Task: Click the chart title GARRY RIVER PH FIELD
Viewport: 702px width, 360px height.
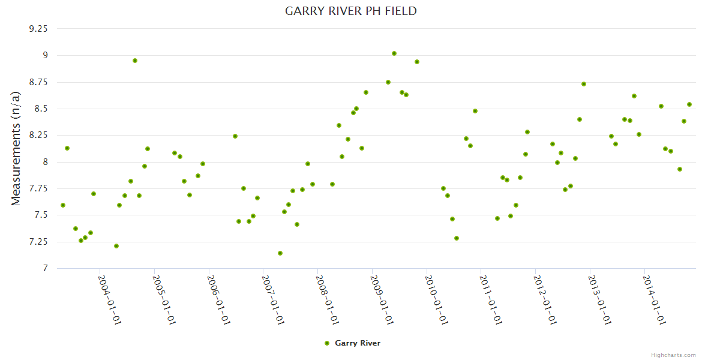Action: pyautogui.click(x=350, y=11)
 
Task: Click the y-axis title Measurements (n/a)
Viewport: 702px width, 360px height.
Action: pyautogui.click(x=16, y=148)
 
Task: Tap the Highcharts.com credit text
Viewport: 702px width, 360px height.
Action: pyautogui.click(x=673, y=355)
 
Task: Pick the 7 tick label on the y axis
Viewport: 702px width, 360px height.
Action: pyautogui.click(x=44, y=268)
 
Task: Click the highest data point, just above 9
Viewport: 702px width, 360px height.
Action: pyautogui.click(x=394, y=53)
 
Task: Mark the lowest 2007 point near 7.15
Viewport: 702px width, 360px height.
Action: pyautogui.click(x=280, y=253)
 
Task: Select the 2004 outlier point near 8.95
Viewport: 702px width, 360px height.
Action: pyautogui.click(x=135, y=61)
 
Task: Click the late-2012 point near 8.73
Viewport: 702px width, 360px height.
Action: pyautogui.click(x=584, y=84)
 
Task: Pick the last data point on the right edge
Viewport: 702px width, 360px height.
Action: pyautogui.click(x=689, y=104)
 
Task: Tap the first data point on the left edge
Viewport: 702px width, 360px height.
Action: pyautogui.click(x=63, y=205)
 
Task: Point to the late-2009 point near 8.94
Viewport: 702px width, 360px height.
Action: pyautogui.click(x=417, y=62)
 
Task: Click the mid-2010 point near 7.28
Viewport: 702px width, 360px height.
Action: pyautogui.click(x=457, y=238)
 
